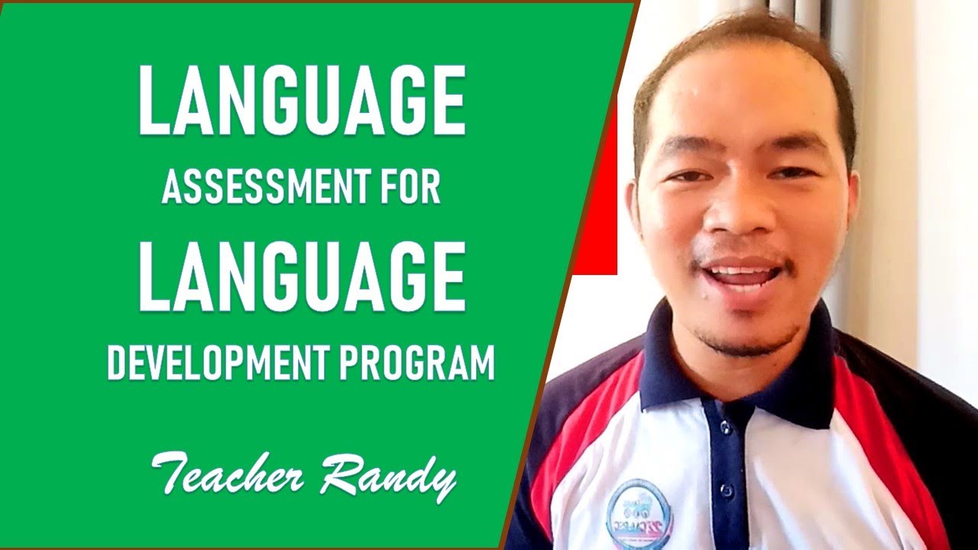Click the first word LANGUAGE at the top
point(302,101)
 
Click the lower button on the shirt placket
point(727,489)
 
